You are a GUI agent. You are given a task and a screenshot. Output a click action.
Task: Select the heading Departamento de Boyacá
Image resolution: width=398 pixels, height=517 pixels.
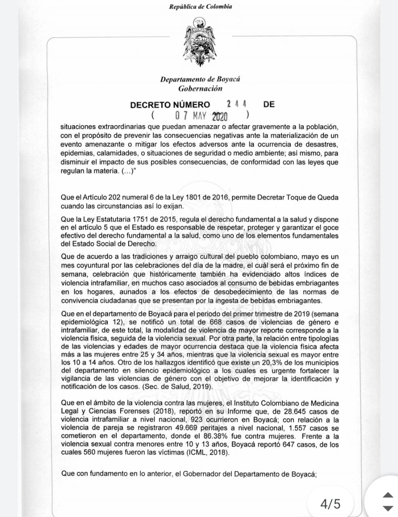pos(200,79)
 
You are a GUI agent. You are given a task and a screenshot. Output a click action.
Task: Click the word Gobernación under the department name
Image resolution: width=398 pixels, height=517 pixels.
pos(200,88)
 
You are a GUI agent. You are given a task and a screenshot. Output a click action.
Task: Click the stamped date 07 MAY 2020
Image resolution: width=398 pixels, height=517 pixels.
pos(201,116)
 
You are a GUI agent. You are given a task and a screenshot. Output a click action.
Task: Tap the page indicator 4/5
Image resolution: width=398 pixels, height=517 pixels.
pos(330,504)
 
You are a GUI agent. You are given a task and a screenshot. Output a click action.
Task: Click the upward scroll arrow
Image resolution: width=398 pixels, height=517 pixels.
pos(387,495)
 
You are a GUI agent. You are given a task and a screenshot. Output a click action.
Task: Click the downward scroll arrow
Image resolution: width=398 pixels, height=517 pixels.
pos(387,508)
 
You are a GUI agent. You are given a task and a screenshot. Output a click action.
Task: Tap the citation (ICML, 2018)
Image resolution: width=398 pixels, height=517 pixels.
pos(208,453)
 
